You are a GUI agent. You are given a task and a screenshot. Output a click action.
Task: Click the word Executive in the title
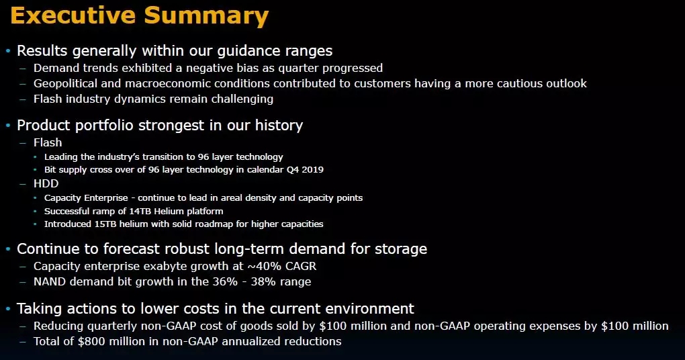point(73,15)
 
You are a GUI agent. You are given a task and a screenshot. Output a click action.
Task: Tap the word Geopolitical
point(66,83)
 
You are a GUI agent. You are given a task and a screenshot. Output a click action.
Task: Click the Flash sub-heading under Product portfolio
point(48,142)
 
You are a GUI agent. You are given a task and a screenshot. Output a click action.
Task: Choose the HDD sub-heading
point(46,183)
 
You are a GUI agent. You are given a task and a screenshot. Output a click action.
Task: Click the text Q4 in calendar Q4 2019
point(292,169)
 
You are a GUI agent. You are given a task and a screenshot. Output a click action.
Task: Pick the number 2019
point(312,169)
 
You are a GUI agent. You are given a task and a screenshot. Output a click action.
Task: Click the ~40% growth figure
point(265,266)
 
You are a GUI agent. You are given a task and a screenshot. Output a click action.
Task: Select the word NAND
point(50,282)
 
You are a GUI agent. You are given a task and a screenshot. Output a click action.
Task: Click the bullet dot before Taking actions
point(8,309)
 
